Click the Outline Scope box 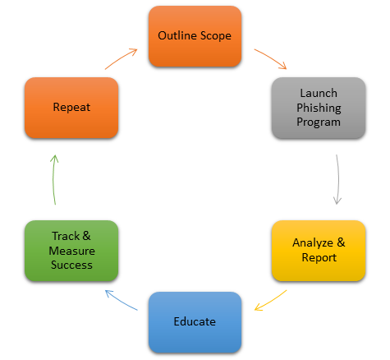coord(195,36)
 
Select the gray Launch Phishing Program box coord(319,108)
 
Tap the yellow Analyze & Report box coord(319,251)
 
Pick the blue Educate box coord(195,322)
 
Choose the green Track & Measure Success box coord(71,251)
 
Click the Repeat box coord(71,108)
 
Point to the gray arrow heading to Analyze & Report coord(338,179)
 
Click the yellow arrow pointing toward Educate coord(271,301)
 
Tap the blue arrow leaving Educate coord(121,299)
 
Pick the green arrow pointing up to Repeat coord(53,179)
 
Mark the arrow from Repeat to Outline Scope coord(121,58)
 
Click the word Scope coord(216,36)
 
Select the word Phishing coord(319,108)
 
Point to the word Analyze coord(313,243)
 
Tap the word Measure coord(72,251)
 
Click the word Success coord(71,265)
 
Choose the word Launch coord(319,93)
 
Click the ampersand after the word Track coord(86,236)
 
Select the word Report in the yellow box coord(319,258)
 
